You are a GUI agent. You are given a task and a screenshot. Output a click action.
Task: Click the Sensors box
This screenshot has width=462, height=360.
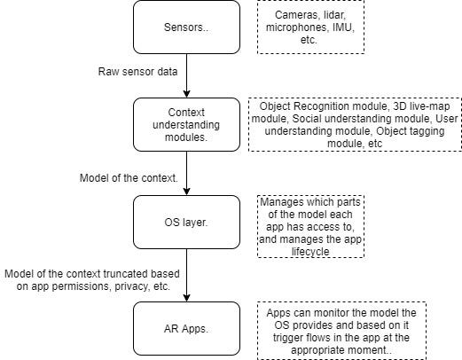tap(186, 27)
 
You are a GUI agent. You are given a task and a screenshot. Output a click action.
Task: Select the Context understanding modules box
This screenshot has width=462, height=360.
tap(186, 125)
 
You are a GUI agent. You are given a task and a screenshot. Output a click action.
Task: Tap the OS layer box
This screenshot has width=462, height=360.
tap(186, 223)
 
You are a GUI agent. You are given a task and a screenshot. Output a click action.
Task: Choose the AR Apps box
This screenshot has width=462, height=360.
tap(186, 328)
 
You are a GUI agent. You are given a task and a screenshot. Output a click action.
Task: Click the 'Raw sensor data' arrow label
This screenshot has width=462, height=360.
tap(137, 72)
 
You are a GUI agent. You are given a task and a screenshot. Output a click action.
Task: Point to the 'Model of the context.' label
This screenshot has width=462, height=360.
tap(129, 178)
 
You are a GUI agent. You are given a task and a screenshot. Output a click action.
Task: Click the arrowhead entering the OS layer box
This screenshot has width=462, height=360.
tap(186, 192)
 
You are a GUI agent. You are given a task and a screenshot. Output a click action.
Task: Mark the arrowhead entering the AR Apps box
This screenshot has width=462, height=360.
tap(186, 298)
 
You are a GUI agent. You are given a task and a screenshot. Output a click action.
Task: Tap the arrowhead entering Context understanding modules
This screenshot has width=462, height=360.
tap(186, 94)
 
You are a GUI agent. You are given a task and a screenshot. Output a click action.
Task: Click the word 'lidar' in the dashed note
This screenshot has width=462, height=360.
tap(334, 15)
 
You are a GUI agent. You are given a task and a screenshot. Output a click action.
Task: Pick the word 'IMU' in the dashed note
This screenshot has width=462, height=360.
tap(343, 27)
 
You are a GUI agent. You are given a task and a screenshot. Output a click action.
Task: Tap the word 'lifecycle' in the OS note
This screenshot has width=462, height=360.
tap(310, 252)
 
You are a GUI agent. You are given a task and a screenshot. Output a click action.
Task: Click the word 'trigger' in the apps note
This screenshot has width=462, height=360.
tap(286, 338)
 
